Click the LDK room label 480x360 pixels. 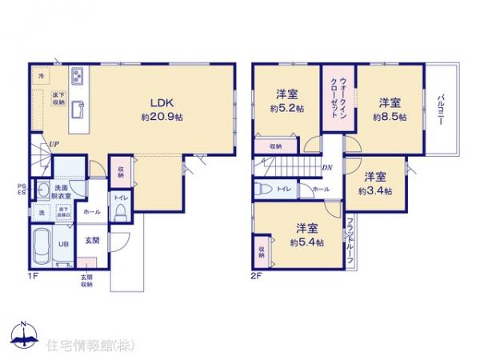(154, 102)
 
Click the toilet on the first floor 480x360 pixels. (120, 210)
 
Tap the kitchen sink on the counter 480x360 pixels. (80, 107)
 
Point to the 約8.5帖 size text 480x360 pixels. (389, 117)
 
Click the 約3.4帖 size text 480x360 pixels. (374, 190)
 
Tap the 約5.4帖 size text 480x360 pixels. (307, 242)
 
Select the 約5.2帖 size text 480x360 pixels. (287, 109)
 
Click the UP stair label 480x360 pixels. (52, 144)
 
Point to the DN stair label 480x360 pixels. (327, 167)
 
